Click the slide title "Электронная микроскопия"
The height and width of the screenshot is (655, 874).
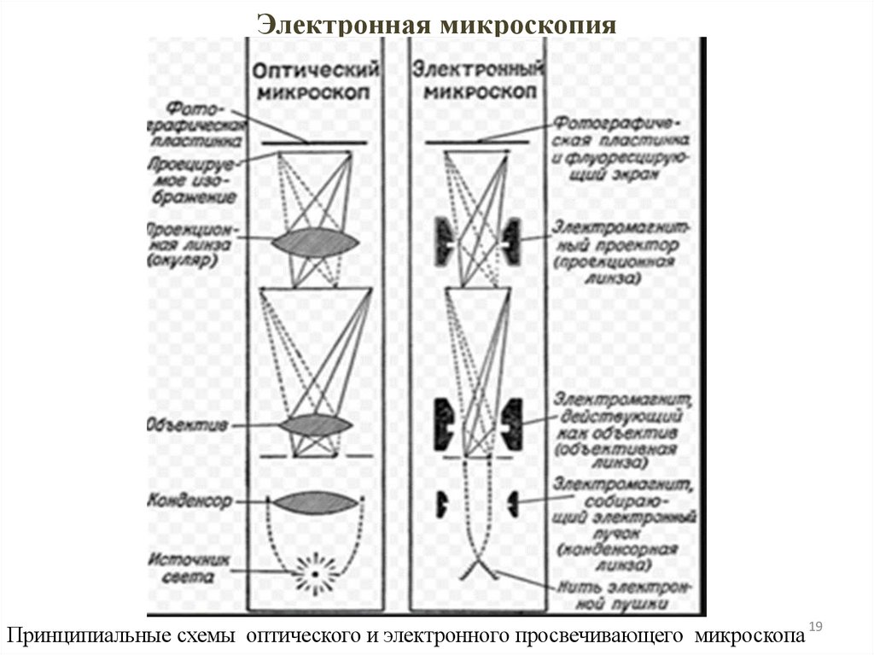[437, 23]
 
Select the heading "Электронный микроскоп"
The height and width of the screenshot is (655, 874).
[479, 79]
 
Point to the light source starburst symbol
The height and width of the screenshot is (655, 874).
[314, 573]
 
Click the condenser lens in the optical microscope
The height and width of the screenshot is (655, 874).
[314, 502]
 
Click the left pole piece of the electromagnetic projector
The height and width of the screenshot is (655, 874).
[446, 241]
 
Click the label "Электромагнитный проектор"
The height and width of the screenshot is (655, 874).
[615, 252]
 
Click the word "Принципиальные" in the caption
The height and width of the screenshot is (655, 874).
[62, 636]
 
